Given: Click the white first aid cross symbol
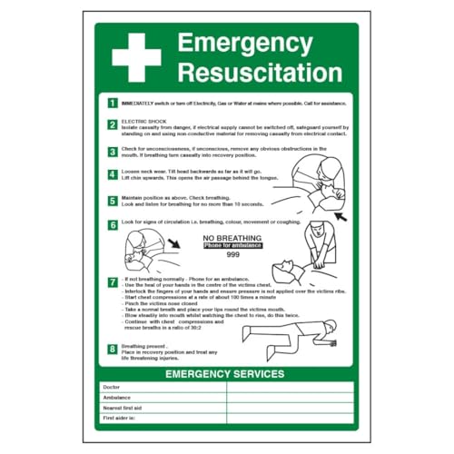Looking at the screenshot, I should [135, 57].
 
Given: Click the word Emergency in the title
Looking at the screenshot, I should [245, 43].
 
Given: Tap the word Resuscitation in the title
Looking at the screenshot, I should [260, 72].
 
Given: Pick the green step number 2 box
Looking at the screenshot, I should [112, 124].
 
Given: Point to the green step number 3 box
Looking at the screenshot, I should [112, 149].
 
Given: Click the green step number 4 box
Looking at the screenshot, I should [112, 173].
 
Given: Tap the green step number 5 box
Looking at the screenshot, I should [112, 200].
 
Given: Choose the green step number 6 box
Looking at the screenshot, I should [112, 223].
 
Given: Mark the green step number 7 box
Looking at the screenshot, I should [112, 282].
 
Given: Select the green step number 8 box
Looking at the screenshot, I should [112, 348].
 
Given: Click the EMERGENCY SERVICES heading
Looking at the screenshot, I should [227, 373].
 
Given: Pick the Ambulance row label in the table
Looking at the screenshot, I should [118, 397].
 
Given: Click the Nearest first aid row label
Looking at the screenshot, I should [124, 407].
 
